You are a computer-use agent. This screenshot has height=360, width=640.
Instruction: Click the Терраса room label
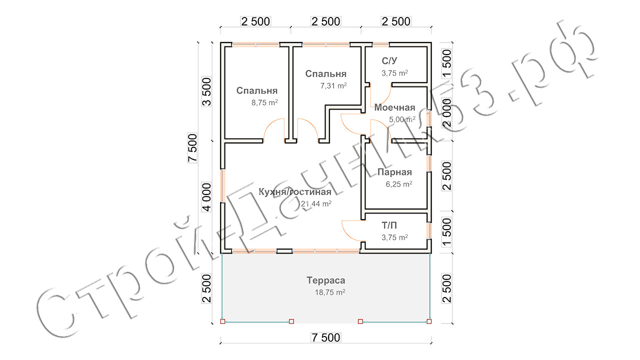click(x=325, y=280)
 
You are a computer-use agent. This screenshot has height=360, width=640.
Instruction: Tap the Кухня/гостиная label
click(x=295, y=191)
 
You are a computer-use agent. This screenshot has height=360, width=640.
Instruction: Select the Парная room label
click(x=394, y=172)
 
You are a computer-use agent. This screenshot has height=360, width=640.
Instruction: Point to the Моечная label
click(x=394, y=107)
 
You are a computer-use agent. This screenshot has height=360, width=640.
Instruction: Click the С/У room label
click(x=389, y=61)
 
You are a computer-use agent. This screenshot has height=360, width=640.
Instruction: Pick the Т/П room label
click(x=389, y=225)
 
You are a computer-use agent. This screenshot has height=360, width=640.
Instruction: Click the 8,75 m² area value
click(x=264, y=102)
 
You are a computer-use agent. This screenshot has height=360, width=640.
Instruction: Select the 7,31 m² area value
click(x=333, y=85)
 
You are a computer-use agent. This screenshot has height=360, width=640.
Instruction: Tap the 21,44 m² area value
click(x=316, y=203)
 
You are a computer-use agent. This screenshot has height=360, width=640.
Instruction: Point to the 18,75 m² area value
click(x=330, y=292)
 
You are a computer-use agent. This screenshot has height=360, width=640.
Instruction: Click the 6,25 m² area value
click(x=399, y=184)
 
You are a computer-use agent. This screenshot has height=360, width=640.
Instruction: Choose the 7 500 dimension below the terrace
click(x=325, y=337)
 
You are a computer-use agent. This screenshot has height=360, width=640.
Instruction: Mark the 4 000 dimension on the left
click(x=206, y=197)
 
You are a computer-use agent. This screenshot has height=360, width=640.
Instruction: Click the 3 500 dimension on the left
click(x=206, y=91)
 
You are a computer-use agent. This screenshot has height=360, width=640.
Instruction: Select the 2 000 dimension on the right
click(x=446, y=112)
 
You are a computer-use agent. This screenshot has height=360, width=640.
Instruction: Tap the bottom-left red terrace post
click(x=223, y=321)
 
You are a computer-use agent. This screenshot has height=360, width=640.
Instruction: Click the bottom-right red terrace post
click(x=429, y=321)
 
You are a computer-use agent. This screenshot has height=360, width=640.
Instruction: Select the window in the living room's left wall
click(x=222, y=185)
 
